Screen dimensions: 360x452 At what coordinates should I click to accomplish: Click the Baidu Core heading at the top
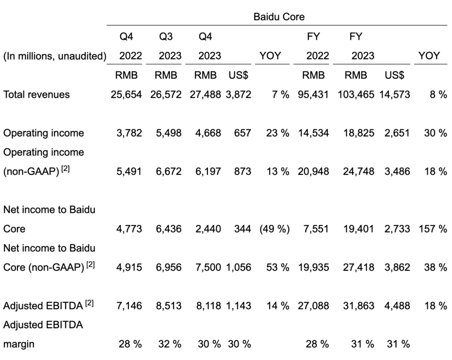click(x=276, y=17)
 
